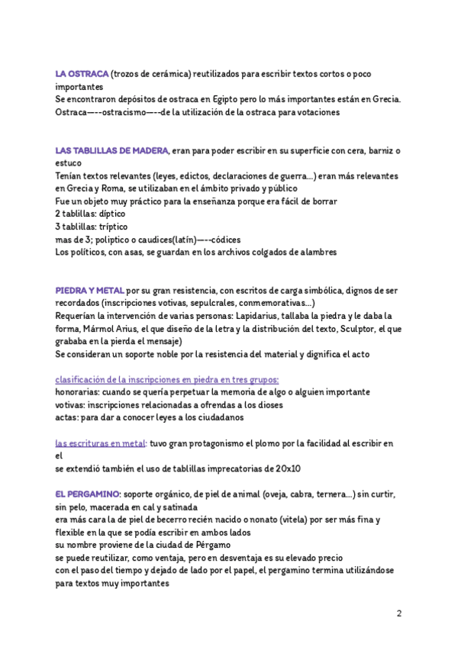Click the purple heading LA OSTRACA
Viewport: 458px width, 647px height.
click(x=82, y=75)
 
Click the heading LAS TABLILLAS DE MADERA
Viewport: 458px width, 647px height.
click(x=112, y=151)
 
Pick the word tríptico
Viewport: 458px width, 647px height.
click(x=114, y=227)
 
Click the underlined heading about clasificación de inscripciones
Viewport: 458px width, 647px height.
click(x=167, y=379)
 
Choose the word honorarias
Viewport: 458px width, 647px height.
click(x=81, y=391)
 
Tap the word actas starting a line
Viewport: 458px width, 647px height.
click(x=67, y=417)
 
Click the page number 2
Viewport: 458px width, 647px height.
click(x=398, y=613)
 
